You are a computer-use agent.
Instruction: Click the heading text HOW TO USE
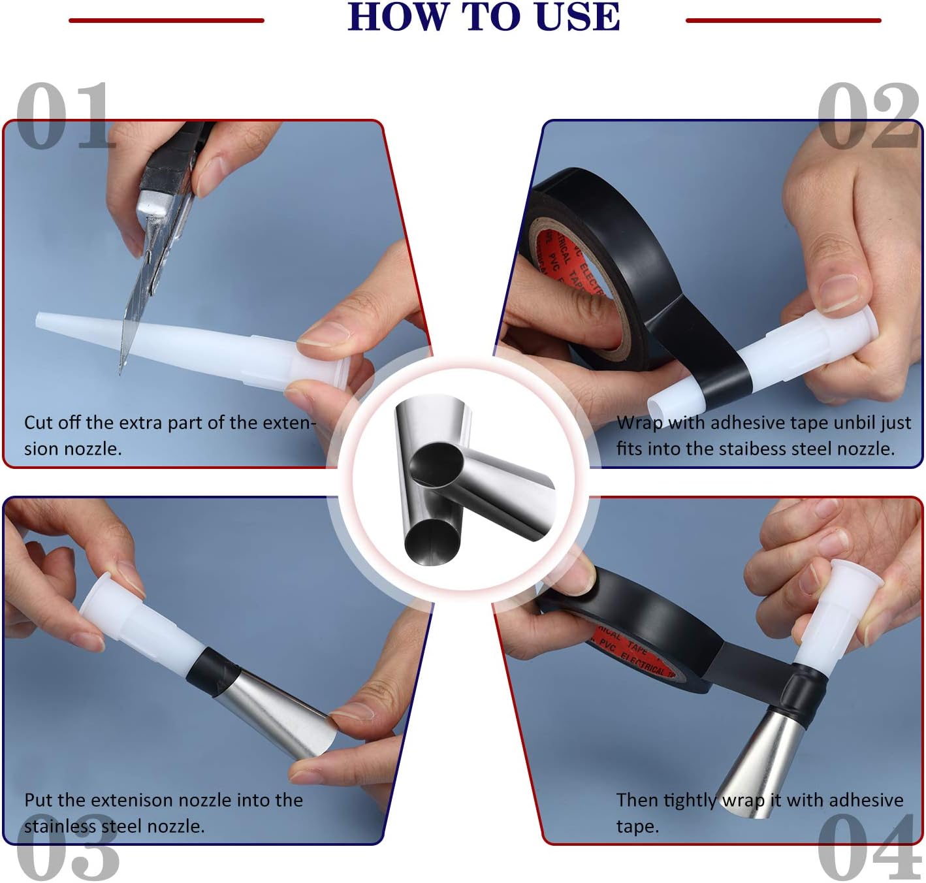pos(483,17)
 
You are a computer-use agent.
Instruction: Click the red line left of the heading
pos(167,21)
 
